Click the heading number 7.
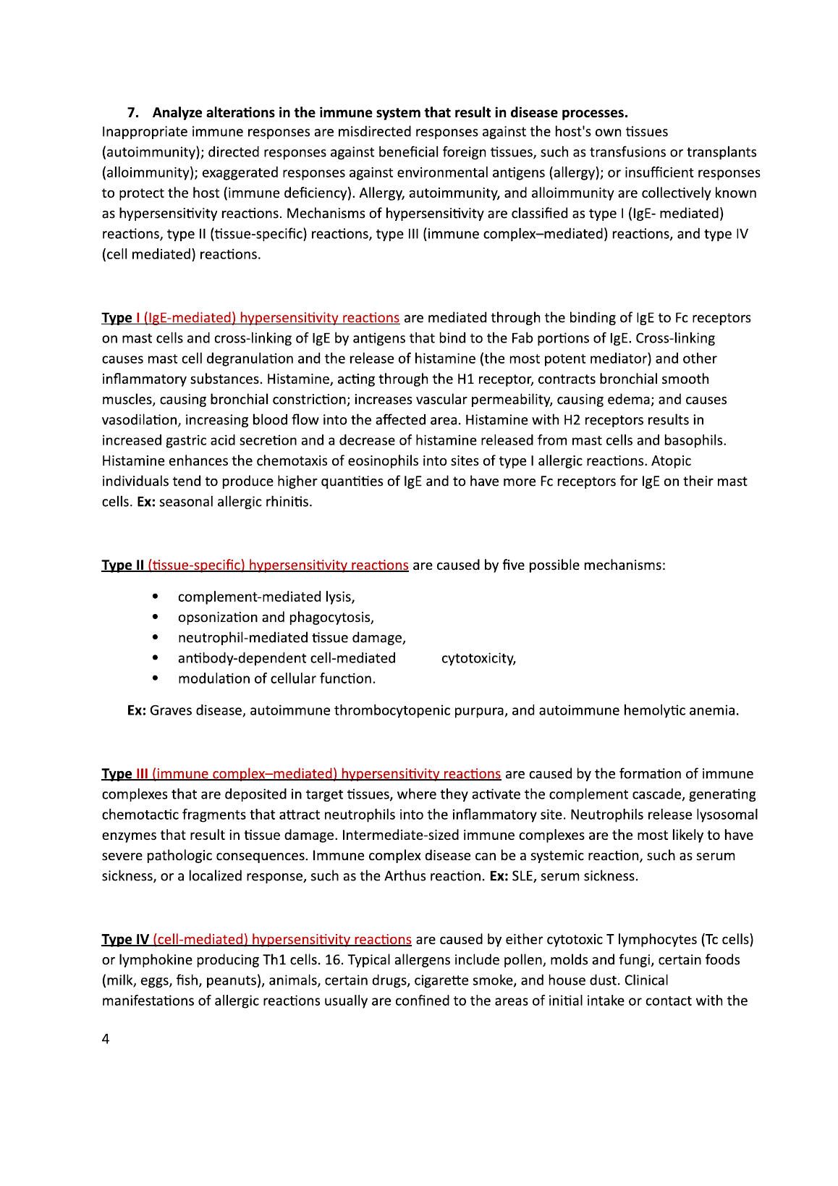pyautogui.click(x=132, y=113)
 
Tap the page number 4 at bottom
pyautogui.click(x=106, y=1039)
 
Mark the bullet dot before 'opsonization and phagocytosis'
pyautogui.click(x=156, y=618)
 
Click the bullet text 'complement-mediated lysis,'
pyautogui.click(x=266, y=597)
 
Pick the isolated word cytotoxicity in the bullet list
pyautogui.click(x=478, y=658)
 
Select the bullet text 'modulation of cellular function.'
pyautogui.click(x=276, y=679)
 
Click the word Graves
pyautogui.click(x=170, y=711)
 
